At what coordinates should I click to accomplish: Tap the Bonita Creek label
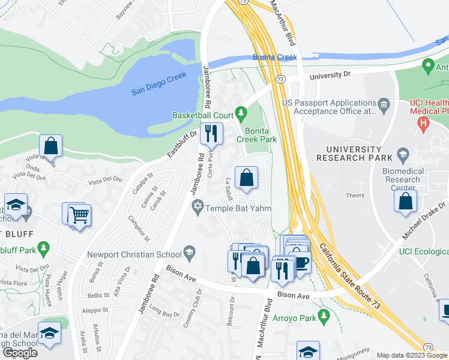coord(274,58)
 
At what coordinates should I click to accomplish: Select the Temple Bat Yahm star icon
coord(197,208)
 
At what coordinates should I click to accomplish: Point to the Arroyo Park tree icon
coord(324,314)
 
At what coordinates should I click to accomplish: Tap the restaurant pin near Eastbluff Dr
coord(211,134)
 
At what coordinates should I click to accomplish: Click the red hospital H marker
coord(424,125)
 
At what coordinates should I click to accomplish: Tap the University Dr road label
coord(328,76)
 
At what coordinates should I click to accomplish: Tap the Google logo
coord(20,352)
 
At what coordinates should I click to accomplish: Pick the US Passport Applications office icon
coord(384,106)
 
